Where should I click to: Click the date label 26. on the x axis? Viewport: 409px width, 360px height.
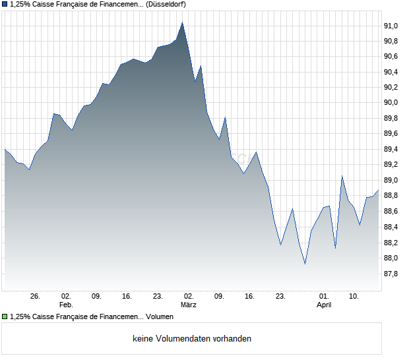[x=36, y=297]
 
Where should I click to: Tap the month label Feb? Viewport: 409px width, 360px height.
[x=66, y=305]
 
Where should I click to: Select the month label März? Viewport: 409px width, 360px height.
[x=189, y=305]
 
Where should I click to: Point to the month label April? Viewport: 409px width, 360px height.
[x=324, y=305]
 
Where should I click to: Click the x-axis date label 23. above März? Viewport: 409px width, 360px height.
[x=158, y=297]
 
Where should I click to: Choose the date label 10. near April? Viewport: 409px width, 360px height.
[x=354, y=297]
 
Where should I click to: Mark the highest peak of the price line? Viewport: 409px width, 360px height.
[x=183, y=22]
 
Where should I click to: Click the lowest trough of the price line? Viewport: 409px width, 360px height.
[x=305, y=264]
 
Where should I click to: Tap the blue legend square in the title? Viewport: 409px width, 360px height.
[x=5, y=5]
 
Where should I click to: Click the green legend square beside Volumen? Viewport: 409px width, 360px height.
[x=5, y=316]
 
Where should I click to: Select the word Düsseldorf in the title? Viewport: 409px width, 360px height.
[x=164, y=5]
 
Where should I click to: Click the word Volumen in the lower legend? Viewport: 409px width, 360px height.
[x=160, y=316]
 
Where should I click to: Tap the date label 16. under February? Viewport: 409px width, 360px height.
[x=127, y=297]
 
